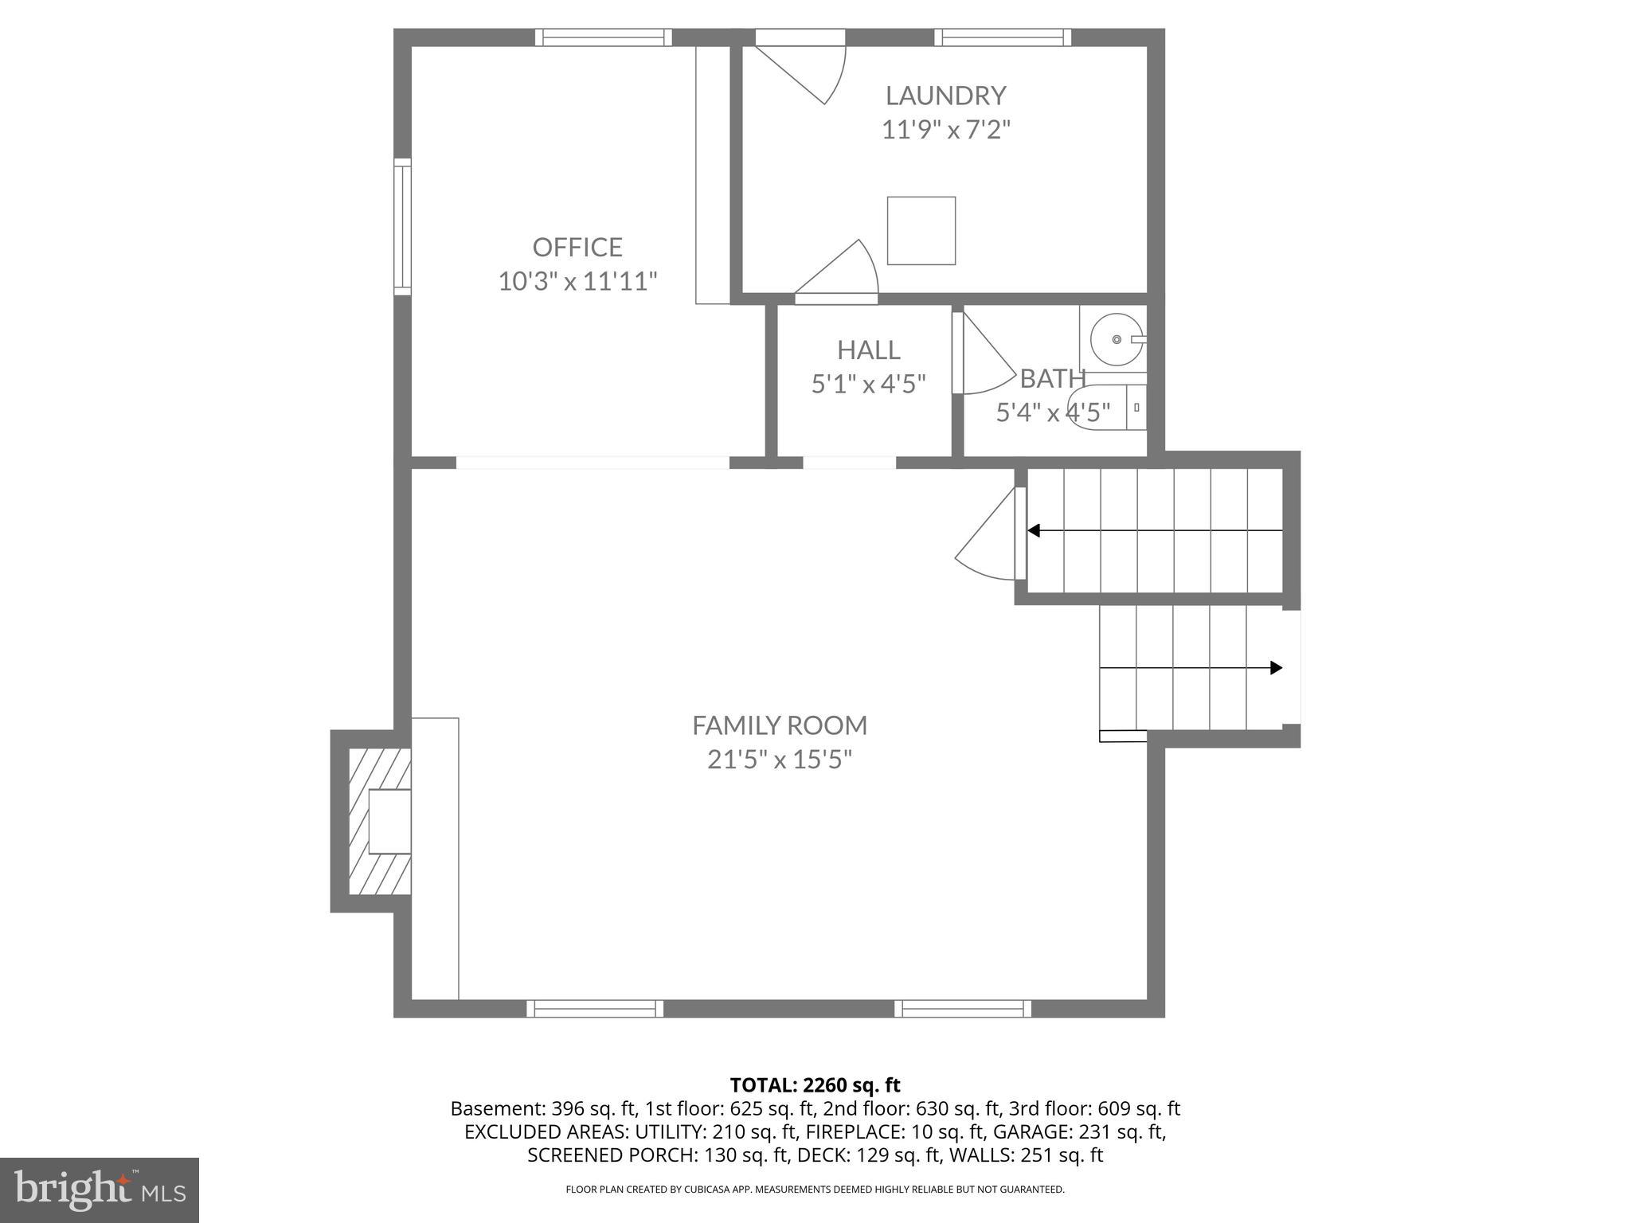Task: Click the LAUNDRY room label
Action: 945,96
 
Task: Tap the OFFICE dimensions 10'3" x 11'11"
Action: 577,281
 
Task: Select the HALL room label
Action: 868,350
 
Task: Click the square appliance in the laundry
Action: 921,231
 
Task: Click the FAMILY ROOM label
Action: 779,725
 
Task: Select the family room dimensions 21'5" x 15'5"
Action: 779,760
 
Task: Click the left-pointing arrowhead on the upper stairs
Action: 1034,530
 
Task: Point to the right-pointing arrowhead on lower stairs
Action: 1276,667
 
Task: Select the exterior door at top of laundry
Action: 800,68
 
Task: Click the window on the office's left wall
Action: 403,227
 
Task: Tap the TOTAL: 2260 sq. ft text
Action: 815,1085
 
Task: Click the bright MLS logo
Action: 99,1190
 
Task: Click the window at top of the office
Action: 603,37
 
